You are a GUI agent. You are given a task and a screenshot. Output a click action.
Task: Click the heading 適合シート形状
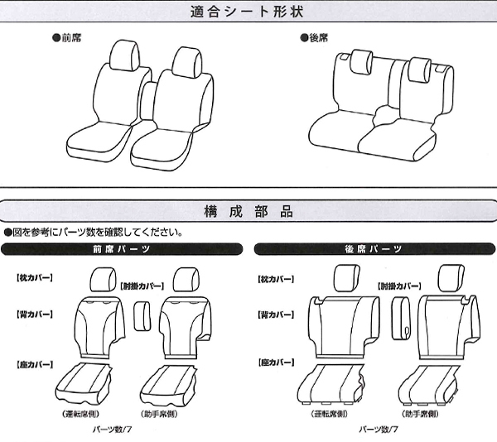point(247,12)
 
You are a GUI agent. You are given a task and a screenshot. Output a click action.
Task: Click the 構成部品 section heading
point(248,212)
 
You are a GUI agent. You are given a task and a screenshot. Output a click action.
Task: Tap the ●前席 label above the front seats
point(66,38)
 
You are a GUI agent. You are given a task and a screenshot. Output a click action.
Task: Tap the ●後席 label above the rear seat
point(314,38)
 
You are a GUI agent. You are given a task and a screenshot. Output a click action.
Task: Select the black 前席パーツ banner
point(122,249)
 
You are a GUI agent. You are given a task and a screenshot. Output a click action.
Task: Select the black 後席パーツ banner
point(374,249)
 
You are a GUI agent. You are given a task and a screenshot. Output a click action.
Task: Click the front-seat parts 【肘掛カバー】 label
point(142,286)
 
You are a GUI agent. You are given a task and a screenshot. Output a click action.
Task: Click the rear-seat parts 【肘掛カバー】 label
point(399,286)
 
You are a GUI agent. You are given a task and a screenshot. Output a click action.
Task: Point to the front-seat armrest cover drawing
point(142,316)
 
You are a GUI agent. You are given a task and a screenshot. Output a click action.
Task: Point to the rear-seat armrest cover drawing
point(401,318)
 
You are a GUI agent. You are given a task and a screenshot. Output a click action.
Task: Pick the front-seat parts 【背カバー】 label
point(35,315)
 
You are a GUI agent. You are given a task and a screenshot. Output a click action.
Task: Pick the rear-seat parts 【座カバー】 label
point(276,363)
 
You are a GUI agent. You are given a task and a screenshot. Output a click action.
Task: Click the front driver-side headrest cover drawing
point(103,279)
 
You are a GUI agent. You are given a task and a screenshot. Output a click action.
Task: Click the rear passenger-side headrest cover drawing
point(451,277)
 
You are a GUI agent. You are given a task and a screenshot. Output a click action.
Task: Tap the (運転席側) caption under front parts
point(81,414)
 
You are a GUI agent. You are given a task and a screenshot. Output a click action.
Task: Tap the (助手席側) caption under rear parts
point(420,414)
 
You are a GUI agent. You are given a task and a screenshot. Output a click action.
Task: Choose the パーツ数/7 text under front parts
point(112,430)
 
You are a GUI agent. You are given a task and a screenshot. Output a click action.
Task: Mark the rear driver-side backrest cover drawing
point(344,328)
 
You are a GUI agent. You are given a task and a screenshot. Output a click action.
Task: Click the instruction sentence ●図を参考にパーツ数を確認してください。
point(94,233)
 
